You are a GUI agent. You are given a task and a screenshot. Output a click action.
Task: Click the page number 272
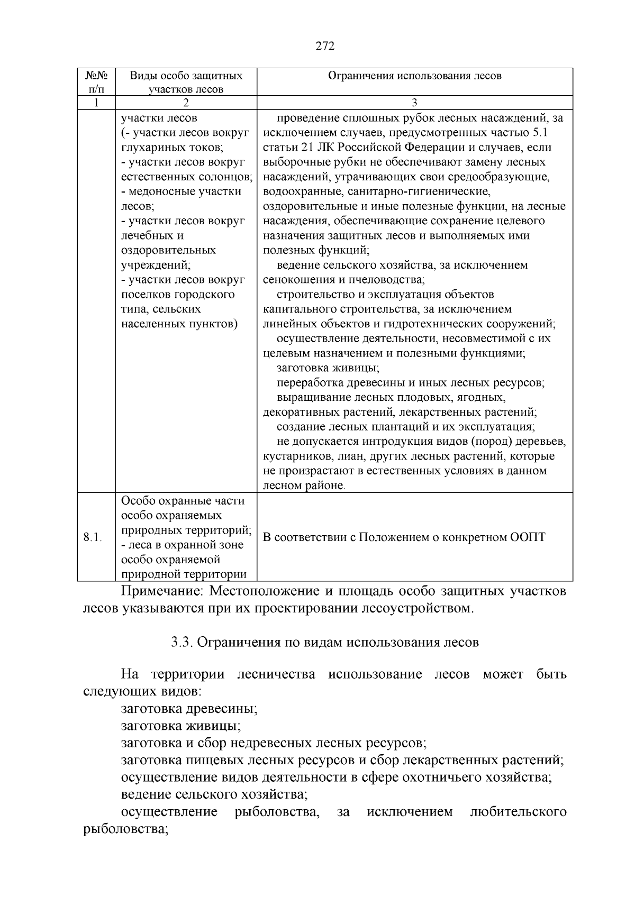click(x=325, y=47)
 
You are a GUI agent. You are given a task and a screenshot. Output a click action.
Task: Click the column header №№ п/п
click(x=96, y=82)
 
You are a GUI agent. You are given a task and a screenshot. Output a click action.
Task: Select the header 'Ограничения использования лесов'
click(x=414, y=76)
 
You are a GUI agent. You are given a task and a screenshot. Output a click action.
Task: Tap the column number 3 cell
click(x=414, y=103)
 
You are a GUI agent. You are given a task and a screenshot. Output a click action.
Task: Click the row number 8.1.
click(x=93, y=537)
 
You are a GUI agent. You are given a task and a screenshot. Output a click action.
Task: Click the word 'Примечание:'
click(x=154, y=591)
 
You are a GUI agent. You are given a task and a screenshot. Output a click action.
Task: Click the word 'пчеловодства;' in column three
click(x=389, y=279)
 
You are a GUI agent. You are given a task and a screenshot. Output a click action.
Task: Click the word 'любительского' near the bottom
click(x=518, y=811)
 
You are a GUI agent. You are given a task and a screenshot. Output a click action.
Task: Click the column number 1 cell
click(x=96, y=103)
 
